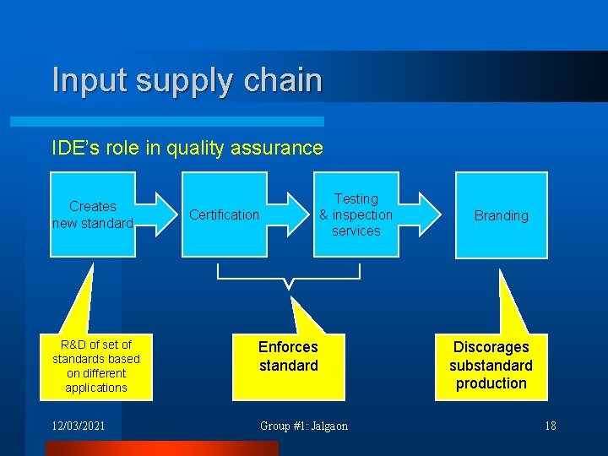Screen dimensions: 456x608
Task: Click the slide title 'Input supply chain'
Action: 187,80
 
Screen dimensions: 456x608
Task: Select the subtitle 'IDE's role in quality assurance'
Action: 187,148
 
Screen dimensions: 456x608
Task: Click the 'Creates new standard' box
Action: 92,214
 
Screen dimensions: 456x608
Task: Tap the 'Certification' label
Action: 224,214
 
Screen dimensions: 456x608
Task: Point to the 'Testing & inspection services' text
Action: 356,214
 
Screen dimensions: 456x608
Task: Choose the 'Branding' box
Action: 501,215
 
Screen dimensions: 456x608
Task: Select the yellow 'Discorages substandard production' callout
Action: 491,365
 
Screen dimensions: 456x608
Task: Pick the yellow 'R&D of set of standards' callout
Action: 96,366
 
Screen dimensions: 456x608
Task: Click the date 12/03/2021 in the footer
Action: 79,426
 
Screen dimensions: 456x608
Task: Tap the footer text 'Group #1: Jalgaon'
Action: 303,426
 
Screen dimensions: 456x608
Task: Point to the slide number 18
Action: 550,426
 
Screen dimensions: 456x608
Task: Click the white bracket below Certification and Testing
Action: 289,275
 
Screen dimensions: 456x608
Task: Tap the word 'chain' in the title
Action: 283,80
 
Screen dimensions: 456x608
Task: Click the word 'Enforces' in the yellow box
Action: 288,347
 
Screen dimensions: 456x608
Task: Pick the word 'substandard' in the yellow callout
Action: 491,366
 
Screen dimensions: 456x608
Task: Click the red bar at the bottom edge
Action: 160,448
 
